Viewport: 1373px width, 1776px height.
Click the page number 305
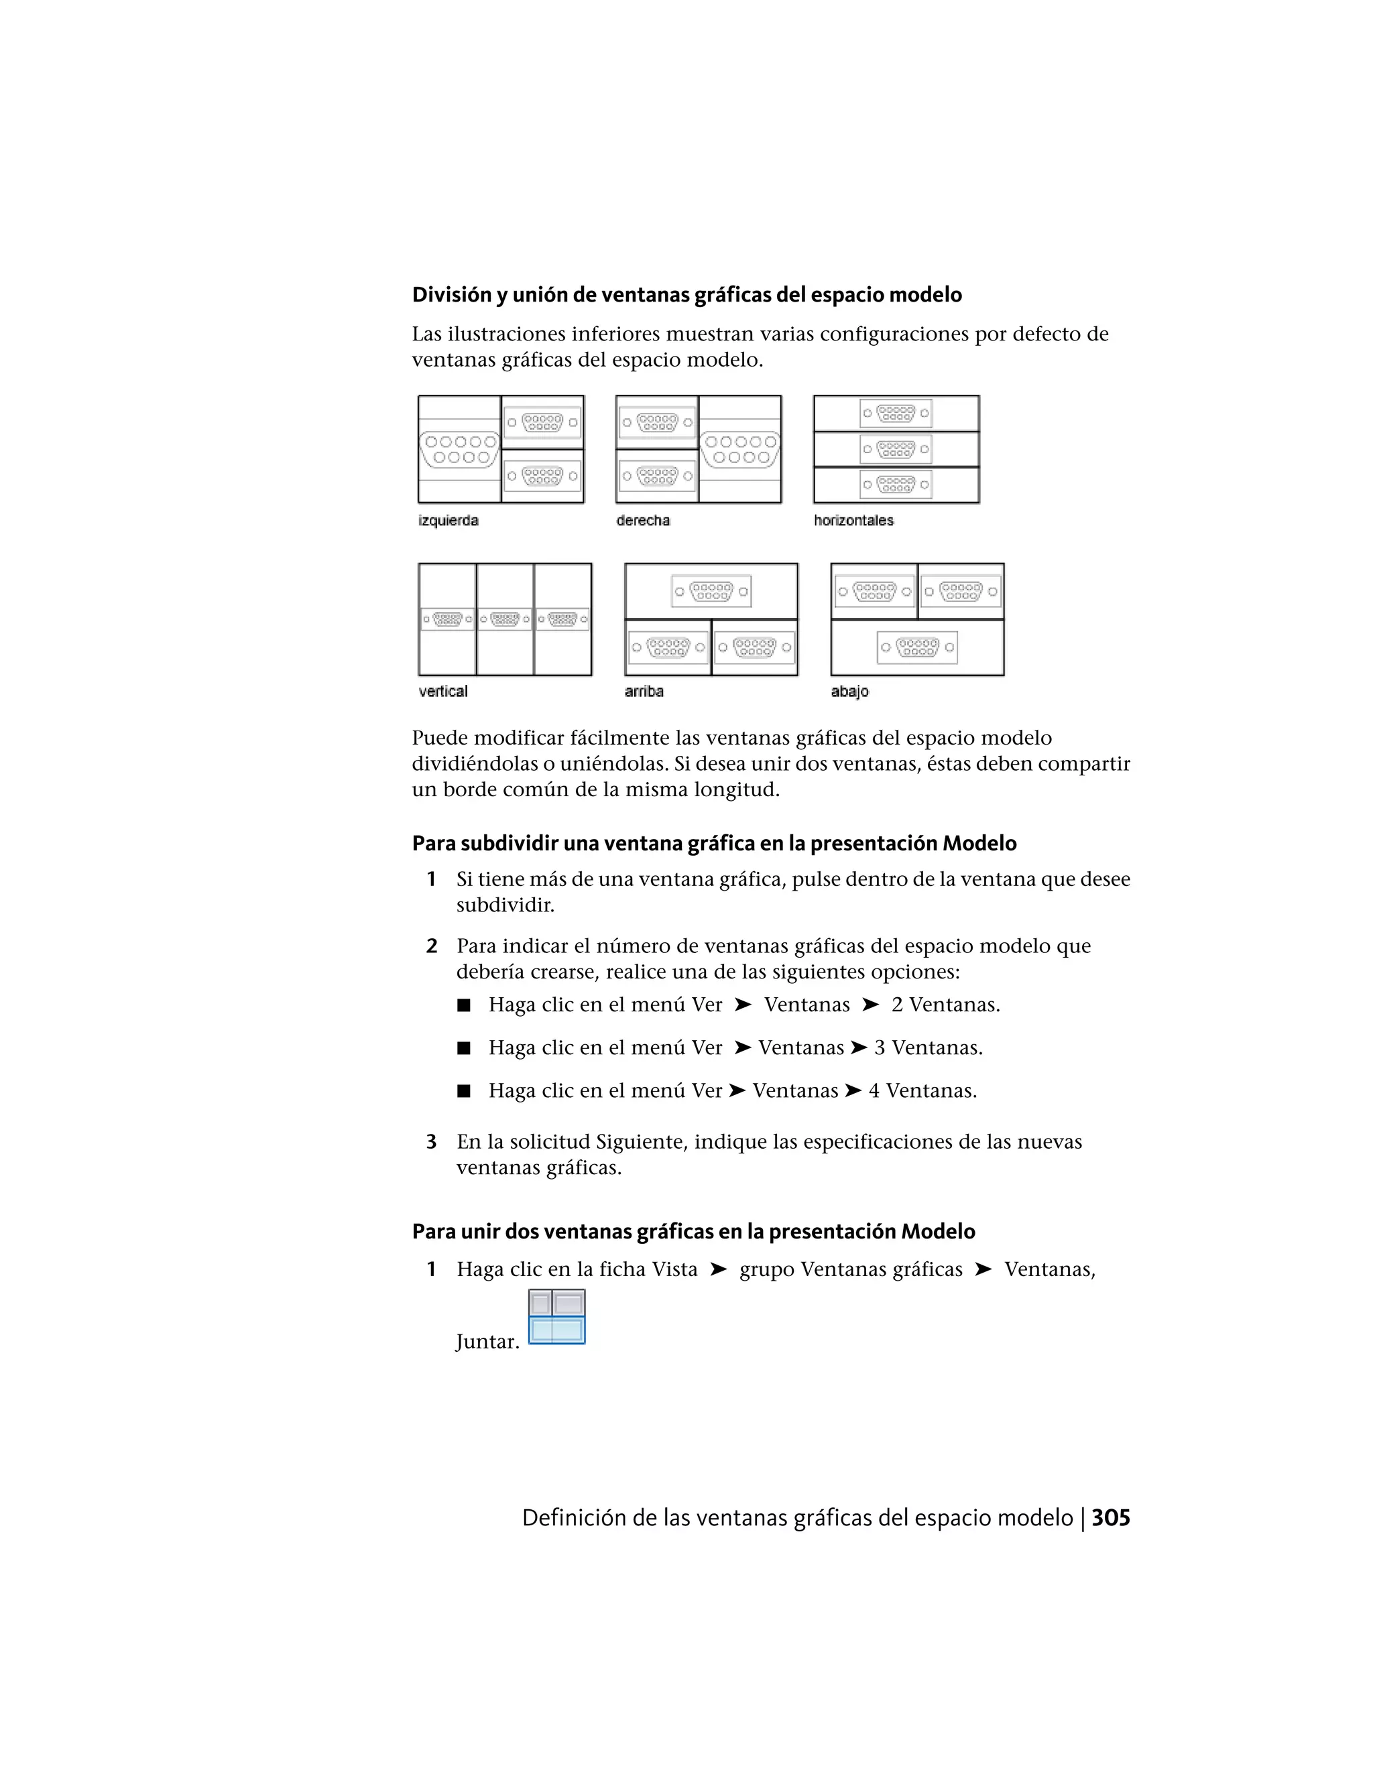(1110, 1518)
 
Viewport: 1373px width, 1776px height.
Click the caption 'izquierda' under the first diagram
(449, 521)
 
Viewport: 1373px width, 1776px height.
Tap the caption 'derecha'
(642, 521)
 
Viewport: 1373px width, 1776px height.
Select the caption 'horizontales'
(853, 521)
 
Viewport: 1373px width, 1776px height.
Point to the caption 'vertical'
(442, 691)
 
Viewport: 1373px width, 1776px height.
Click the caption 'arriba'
(644, 691)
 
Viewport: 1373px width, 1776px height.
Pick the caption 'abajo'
(849, 691)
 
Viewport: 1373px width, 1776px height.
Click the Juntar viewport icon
(556, 1316)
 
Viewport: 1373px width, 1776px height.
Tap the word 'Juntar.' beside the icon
(487, 1341)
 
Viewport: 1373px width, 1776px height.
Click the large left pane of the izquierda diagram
(459, 450)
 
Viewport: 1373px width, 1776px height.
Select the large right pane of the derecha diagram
(740, 450)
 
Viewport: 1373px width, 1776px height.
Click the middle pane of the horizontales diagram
(896, 449)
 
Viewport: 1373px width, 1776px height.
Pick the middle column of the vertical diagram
(504, 620)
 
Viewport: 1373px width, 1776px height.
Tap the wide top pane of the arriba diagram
(711, 591)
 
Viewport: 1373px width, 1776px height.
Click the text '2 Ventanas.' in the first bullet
(945, 1005)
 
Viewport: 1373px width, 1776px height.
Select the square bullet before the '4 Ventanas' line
(464, 1091)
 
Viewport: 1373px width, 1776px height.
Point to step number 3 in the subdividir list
(431, 1142)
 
